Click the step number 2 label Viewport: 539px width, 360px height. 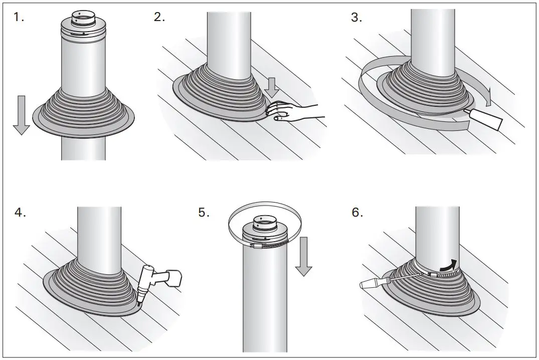[159, 18]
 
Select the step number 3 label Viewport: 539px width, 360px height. [356, 18]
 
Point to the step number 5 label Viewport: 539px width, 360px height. [204, 213]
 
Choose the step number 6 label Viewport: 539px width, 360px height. [356, 213]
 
